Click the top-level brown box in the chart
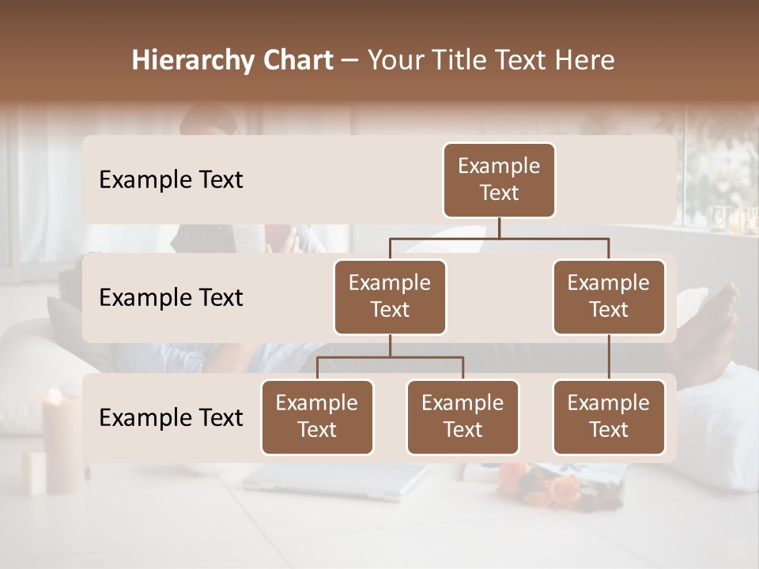pos(499,179)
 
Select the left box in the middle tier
pos(390,296)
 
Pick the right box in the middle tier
pos(609,296)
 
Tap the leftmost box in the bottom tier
pos(317,416)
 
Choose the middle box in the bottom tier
pos(463,416)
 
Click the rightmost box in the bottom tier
pos(609,416)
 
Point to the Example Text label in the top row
pos(171,179)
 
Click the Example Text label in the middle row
pos(171,297)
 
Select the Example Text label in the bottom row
pos(171,417)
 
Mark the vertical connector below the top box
pos(499,228)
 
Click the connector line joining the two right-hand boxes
pos(609,356)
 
